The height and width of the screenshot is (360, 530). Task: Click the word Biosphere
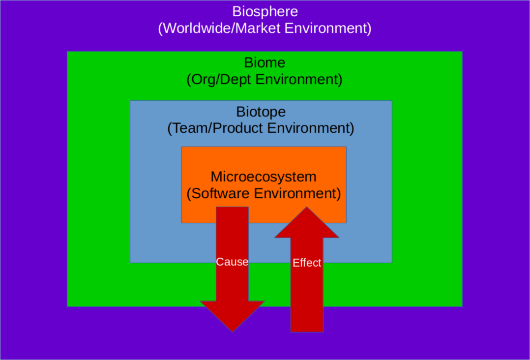[x=265, y=11]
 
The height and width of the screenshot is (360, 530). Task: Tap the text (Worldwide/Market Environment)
[x=265, y=28]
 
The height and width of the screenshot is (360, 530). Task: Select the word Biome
[x=265, y=62]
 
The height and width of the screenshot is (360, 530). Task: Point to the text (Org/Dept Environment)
[x=265, y=80]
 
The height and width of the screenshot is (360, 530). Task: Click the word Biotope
[x=261, y=112]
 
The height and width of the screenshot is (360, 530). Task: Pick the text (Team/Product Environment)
[x=261, y=128]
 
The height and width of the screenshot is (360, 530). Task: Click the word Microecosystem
[x=264, y=177]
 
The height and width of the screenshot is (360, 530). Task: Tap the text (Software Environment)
[x=264, y=193]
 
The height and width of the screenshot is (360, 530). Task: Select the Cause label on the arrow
[x=232, y=262]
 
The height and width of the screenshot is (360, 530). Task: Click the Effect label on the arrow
[x=307, y=263]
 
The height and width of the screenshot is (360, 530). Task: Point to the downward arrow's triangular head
[x=232, y=314]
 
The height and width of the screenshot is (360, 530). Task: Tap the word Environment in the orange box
[x=295, y=193]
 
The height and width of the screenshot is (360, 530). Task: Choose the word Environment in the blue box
[x=308, y=128]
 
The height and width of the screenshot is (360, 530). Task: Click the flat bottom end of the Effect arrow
[x=307, y=331]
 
